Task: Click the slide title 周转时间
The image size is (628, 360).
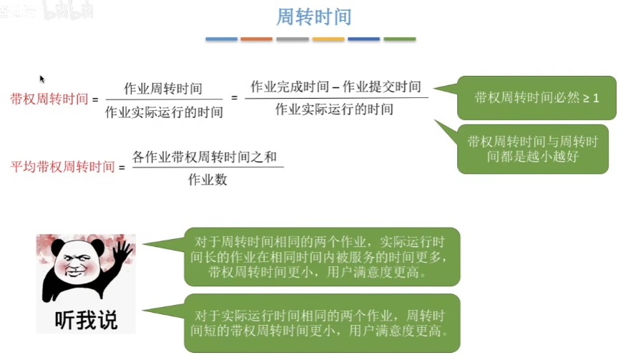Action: pyautogui.click(x=313, y=16)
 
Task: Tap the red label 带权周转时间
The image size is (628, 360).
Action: pyautogui.click(x=49, y=99)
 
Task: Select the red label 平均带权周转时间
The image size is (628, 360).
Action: pyautogui.click(x=62, y=167)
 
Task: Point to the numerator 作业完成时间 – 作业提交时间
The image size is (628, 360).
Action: pyautogui.click(x=335, y=87)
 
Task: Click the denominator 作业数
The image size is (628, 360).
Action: pyautogui.click(x=207, y=180)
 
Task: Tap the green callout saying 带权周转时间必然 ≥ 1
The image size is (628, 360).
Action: pyautogui.click(x=536, y=97)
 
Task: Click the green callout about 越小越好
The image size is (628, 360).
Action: pyautogui.click(x=532, y=149)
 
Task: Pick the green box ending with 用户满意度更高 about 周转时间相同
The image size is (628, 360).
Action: pyautogui.click(x=322, y=257)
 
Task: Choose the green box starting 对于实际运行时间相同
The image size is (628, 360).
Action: pyautogui.click(x=322, y=322)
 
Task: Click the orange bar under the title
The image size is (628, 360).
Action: pyautogui.click(x=256, y=39)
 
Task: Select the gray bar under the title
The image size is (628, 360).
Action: pyautogui.click(x=292, y=39)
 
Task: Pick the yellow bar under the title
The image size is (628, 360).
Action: pyautogui.click(x=328, y=39)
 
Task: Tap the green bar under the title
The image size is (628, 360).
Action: pyautogui.click(x=399, y=39)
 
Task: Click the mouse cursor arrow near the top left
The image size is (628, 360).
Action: pyautogui.click(x=42, y=79)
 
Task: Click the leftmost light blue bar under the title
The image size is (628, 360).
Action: pyautogui.click(x=221, y=39)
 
